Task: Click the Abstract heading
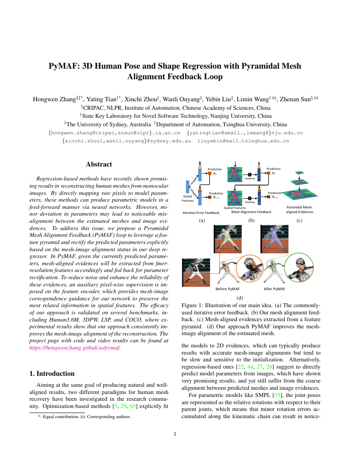pos(99,164)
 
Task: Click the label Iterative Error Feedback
pos(201,212)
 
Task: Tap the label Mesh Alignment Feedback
pos(251,211)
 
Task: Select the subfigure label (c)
pos(299,220)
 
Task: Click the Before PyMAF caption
pos(227,289)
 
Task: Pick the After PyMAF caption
pos(274,289)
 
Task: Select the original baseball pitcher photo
pos(196,272)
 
